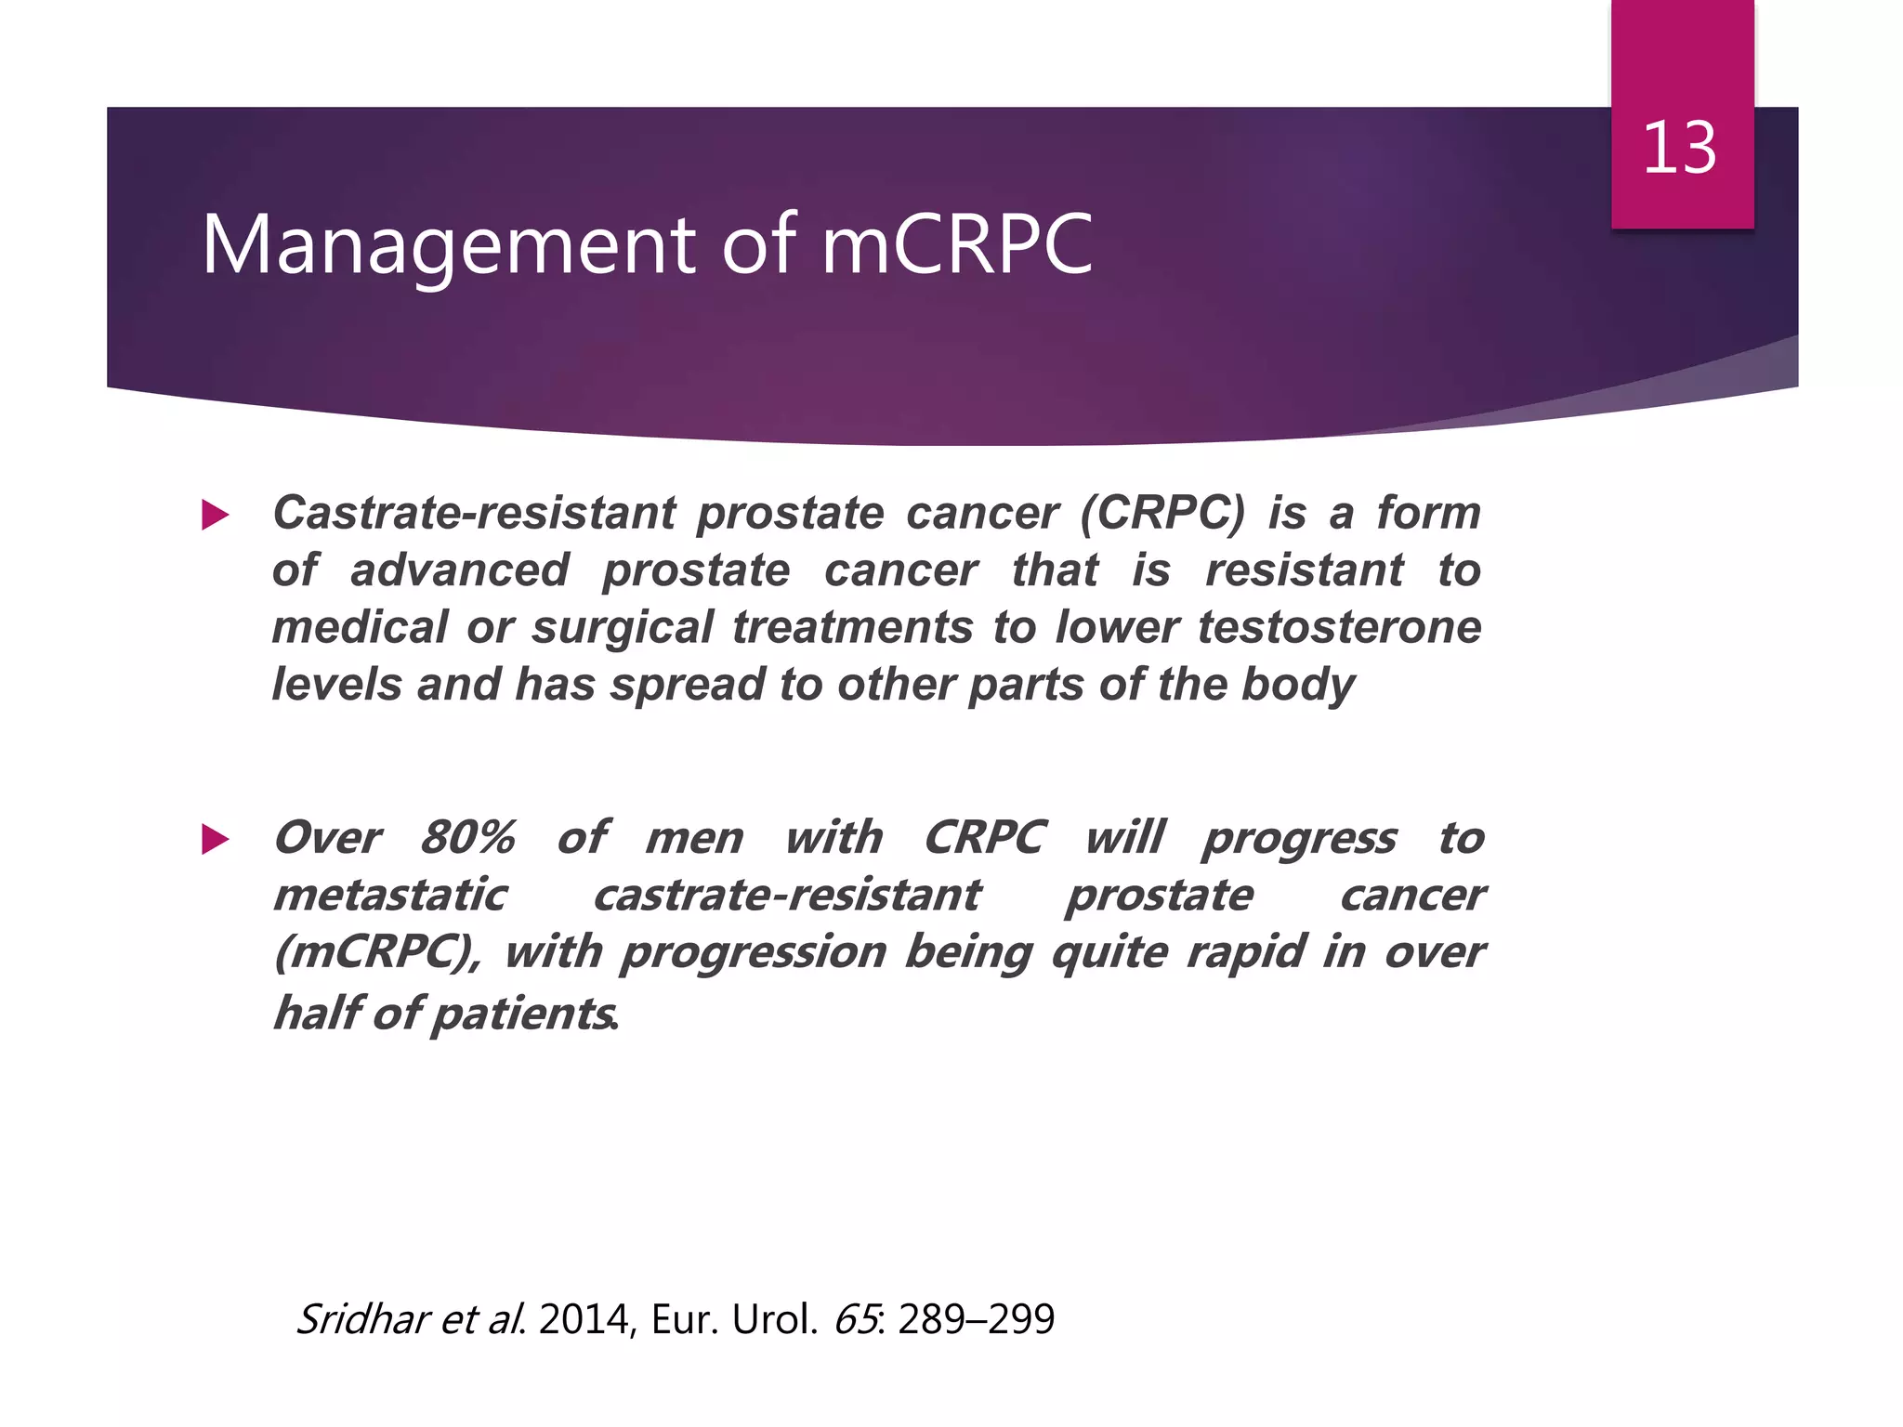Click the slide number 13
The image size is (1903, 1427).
1679,149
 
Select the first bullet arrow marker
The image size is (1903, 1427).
215,515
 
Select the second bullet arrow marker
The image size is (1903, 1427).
215,839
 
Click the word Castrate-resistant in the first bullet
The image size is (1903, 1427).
474,513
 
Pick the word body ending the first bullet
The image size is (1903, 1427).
1298,686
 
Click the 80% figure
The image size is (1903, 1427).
467,837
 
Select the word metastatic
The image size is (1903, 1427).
390,896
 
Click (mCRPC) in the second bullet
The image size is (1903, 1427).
377,953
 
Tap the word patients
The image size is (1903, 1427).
522,1014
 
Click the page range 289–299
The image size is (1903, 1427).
977,1319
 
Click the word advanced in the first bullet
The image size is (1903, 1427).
459,570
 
